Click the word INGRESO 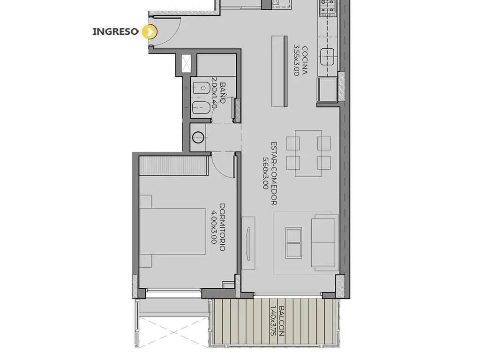(115, 31)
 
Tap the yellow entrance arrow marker (150, 32)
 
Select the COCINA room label (305, 60)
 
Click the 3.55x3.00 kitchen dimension (296, 60)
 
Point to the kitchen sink (327, 57)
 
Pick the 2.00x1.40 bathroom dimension (214, 93)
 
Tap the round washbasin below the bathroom (198, 137)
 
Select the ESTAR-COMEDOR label (274, 173)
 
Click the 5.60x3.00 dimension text (265, 173)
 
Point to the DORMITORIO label (223, 227)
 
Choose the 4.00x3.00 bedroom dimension (214, 227)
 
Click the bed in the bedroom (172, 232)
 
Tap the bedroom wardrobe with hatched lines (174, 165)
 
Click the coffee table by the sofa (293, 243)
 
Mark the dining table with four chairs (308, 153)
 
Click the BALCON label (282, 322)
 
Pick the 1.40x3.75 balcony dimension (273, 322)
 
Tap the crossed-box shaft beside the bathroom (186, 64)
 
